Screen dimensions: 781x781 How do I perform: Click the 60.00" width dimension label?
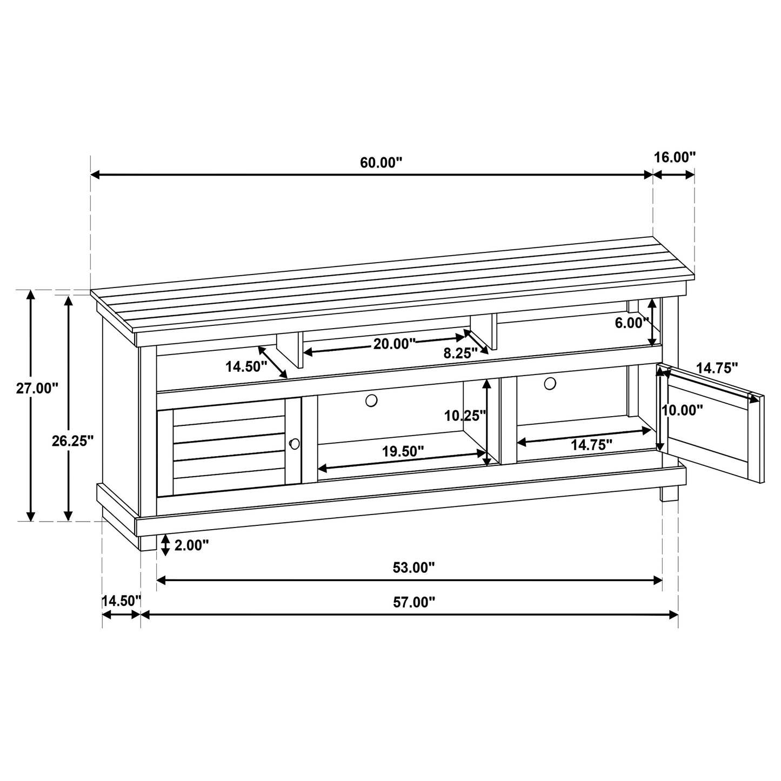click(382, 163)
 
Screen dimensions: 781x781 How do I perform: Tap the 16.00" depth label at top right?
click(675, 157)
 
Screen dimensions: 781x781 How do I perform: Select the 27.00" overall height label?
click(36, 389)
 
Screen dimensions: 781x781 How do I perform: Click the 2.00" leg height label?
click(191, 545)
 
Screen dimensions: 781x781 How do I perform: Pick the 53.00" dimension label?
click(413, 567)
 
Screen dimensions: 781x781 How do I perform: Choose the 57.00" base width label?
click(413, 602)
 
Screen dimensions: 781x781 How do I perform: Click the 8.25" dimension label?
click(460, 353)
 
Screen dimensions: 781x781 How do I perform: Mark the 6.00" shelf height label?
click(631, 323)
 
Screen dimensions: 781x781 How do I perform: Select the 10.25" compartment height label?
click(465, 416)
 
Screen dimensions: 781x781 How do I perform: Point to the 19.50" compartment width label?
click(403, 451)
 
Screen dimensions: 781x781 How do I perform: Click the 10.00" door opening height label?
click(683, 410)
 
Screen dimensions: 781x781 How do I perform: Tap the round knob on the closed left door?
click(295, 444)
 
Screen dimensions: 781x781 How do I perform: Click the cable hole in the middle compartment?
click(371, 400)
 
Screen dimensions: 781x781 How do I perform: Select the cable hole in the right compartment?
click(550, 383)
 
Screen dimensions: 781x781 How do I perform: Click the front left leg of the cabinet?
click(148, 542)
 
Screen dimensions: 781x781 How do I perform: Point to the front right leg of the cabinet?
click(669, 492)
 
